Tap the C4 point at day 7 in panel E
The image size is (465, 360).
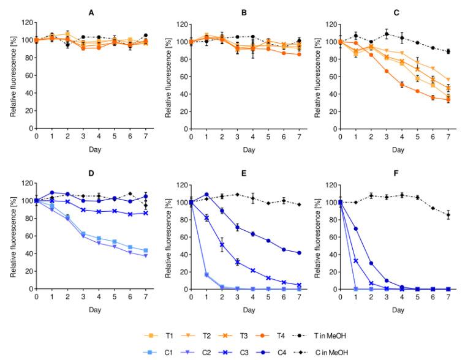(x=298, y=253)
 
